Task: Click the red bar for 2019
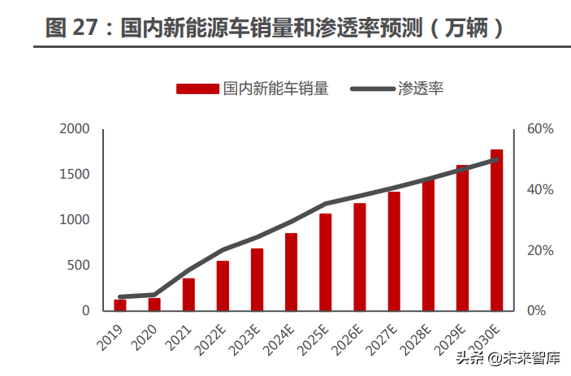click(120, 305)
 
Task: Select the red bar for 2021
click(188, 295)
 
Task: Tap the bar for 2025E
click(325, 262)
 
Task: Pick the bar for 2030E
click(496, 230)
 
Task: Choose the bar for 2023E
click(257, 279)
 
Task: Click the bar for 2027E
click(394, 251)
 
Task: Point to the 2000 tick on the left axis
click(75, 129)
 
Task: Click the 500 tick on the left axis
click(79, 266)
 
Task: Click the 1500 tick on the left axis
click(75, 175)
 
